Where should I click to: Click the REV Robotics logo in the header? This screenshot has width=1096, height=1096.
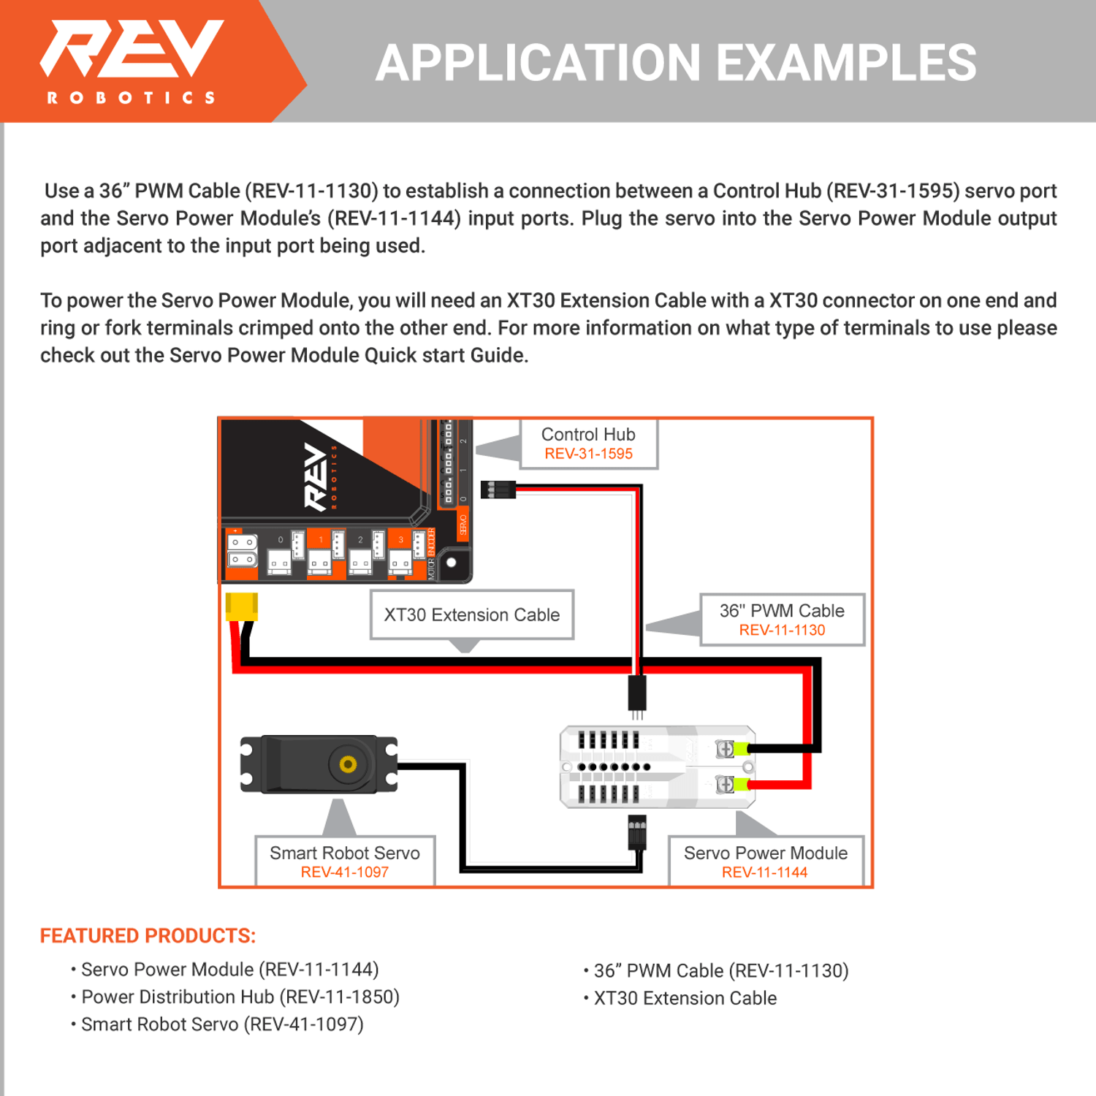point(132,60)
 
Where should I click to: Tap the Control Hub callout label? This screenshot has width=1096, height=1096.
point(588,444)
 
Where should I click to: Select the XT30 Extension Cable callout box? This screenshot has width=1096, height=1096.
point(472,614)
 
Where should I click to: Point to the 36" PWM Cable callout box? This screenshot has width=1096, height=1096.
point(782,620)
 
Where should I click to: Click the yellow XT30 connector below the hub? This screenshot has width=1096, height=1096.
point(241,606)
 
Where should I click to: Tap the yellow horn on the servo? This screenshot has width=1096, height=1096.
point(348,764)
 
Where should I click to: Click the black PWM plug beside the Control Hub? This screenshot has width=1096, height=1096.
point(498,490)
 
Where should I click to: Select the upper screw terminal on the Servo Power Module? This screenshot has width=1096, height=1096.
point(725,749)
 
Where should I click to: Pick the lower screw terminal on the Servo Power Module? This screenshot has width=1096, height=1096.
point(725,784)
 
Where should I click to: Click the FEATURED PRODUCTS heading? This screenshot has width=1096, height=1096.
point(148,936)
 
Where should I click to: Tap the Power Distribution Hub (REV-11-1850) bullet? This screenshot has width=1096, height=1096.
point(240,997)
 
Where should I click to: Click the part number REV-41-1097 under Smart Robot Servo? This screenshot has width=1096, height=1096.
point(345,872)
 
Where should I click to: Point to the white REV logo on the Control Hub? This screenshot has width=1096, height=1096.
point(316,476)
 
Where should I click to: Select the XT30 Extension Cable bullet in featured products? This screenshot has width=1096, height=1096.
point(685,999)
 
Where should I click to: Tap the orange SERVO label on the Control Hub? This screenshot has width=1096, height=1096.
point(463,525)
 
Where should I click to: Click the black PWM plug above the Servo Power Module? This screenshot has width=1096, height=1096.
point(637,692)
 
